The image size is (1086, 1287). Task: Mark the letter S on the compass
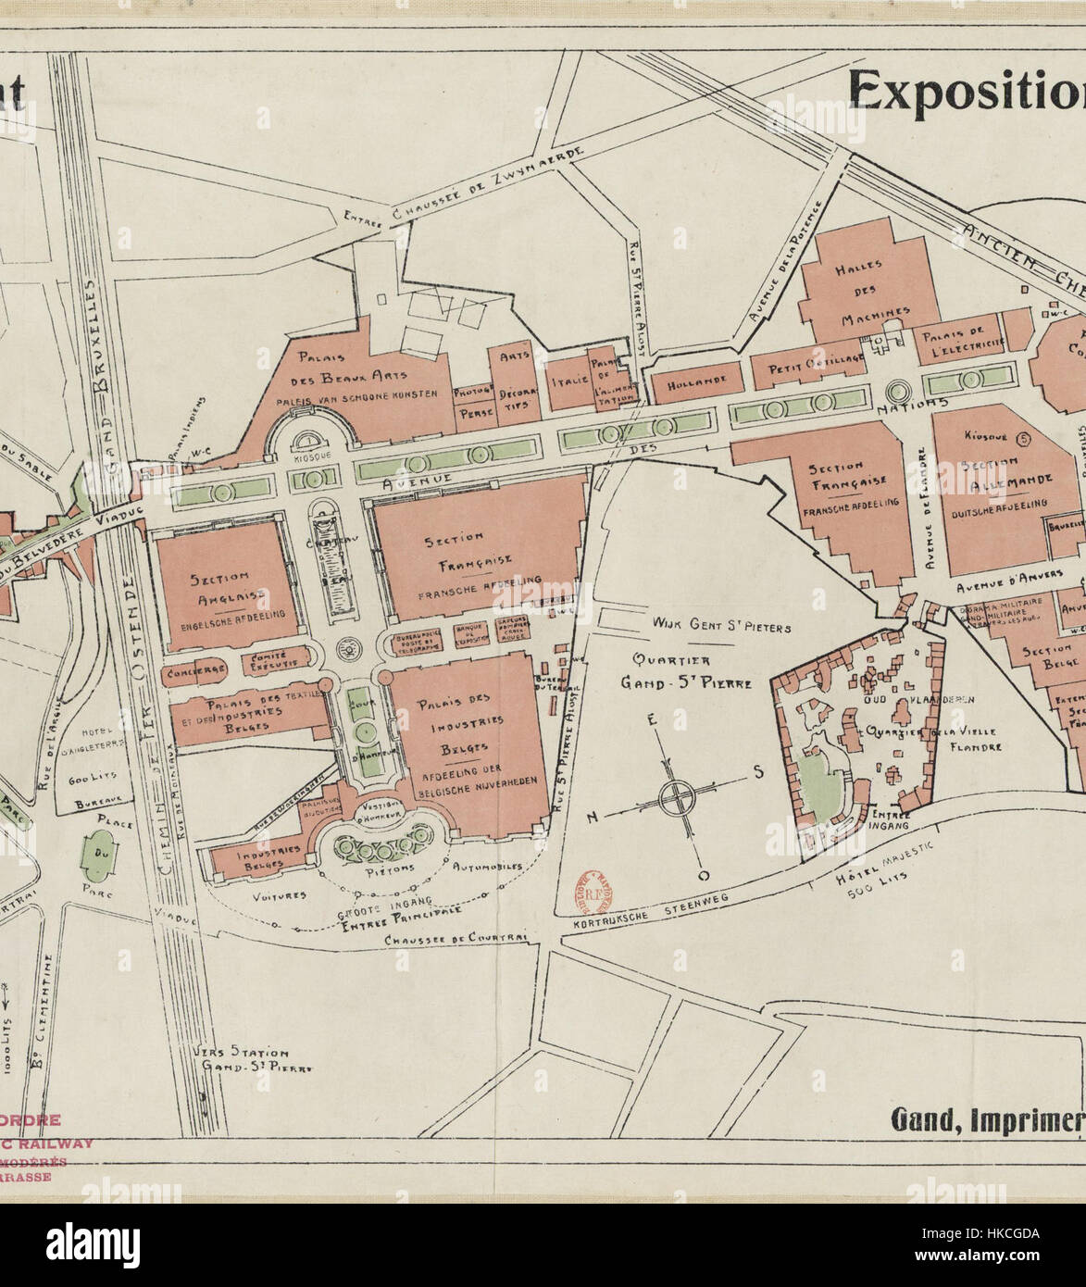point(756,774)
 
